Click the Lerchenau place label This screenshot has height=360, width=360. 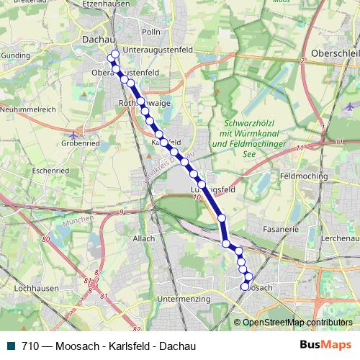(340, 238)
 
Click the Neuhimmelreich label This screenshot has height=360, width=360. (30, 108)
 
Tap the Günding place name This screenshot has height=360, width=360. (15, 54)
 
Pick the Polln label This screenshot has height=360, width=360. (151, 32)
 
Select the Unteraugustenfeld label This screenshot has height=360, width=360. (158, 49)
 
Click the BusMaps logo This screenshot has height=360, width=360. (325, 345)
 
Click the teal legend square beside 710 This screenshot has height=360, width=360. (9, 346)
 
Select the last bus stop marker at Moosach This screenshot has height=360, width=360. (244, 287)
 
